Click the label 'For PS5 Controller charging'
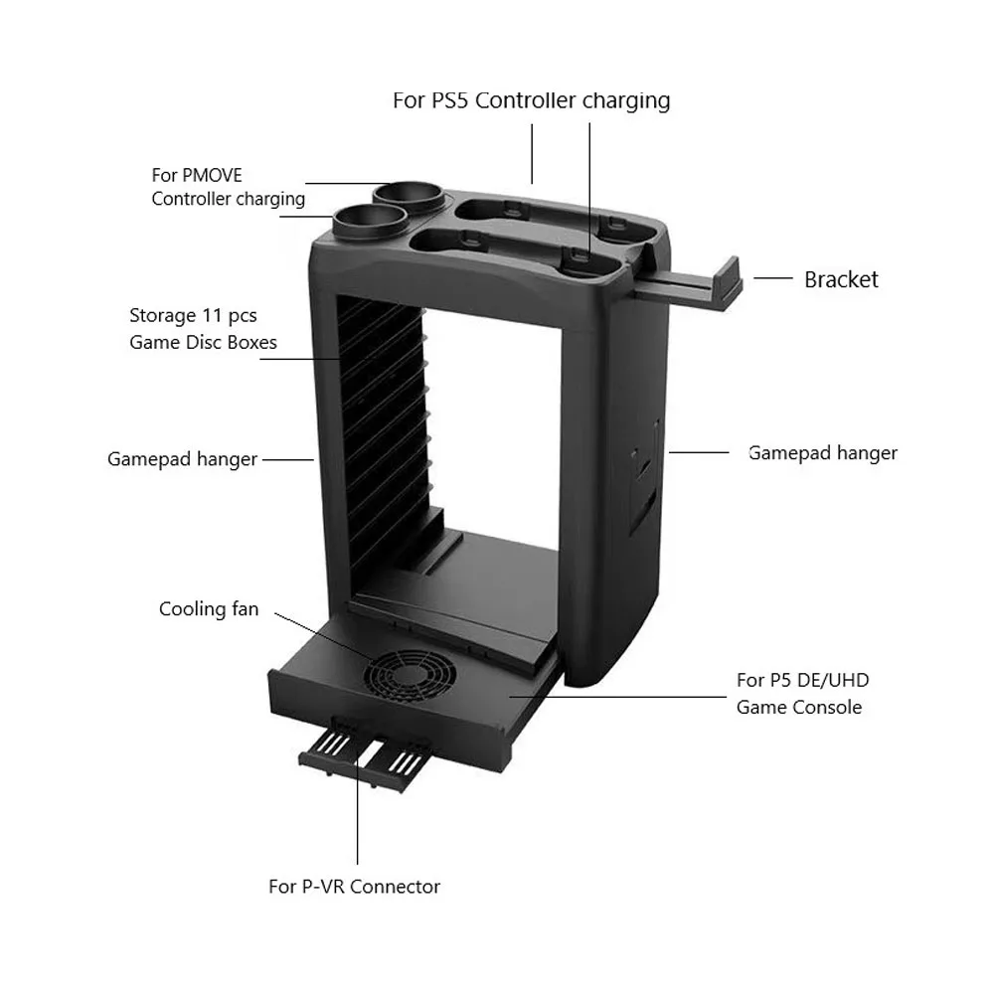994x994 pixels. (x=531, y=100)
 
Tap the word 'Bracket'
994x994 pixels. (x=841, y=279)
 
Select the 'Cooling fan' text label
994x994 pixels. (x=209, y=608)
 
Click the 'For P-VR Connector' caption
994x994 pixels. (x=354, y=886)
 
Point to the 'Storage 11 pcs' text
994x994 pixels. (x=193, y=316)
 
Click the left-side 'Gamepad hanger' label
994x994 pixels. (x=182, y=459)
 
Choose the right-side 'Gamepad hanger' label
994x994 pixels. (x=822, y=453)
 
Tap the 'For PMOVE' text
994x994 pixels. (x=197, y=175)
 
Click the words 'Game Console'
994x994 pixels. (x=798, y=708)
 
